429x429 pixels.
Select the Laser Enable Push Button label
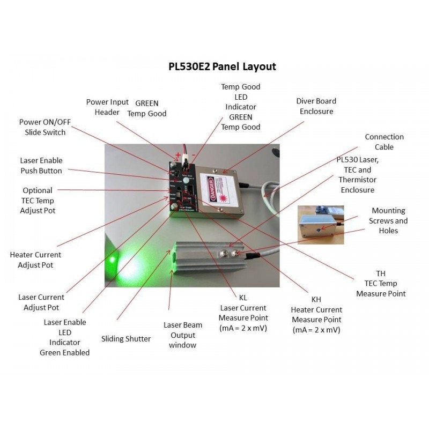pos(41,166)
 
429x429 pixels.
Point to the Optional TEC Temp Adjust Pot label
pos(38,201)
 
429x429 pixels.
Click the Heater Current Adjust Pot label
pos(36,260)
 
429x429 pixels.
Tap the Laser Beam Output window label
pos(183,335)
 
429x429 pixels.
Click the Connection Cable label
pos(384,142)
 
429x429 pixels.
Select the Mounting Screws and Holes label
pos(389,220)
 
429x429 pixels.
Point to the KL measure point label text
pos(243,313)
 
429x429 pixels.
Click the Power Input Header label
pos(107,107)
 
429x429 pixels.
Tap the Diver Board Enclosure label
pos(316,106)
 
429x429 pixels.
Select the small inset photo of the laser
pos(320,224)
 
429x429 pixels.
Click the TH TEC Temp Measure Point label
pos(381,283)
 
